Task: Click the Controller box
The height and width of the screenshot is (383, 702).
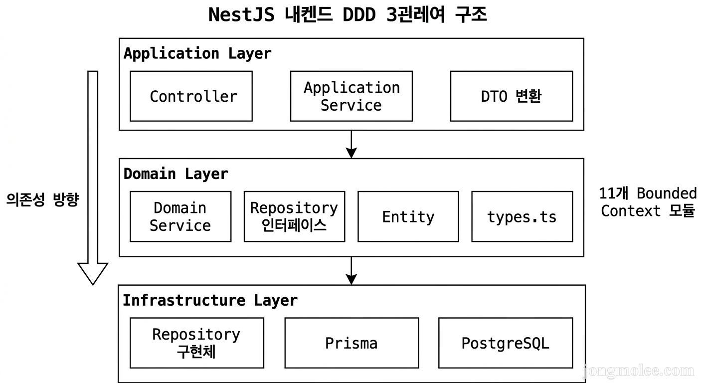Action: coord(191,96)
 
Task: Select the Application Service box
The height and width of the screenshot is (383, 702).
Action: coord(351,96)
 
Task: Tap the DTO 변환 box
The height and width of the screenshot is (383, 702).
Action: coord(511,96)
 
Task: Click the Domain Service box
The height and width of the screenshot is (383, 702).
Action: coord(180,217)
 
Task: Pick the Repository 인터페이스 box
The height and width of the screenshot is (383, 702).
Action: coord(294,217)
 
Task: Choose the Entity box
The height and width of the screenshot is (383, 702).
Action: coord(408,217)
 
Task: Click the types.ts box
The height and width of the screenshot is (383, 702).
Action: coord(522,217)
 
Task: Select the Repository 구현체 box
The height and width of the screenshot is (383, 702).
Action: coord(196,343)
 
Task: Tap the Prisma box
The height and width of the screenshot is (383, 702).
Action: coord(351,343)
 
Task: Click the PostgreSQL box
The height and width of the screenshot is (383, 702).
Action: coord(506,343)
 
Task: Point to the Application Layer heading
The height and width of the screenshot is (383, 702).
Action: coord(197,53)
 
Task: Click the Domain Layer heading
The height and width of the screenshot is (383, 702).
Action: coord(175,174)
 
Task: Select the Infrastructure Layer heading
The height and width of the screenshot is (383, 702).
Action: coord(210,301)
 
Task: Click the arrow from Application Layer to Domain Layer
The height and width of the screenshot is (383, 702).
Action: coord(351,145)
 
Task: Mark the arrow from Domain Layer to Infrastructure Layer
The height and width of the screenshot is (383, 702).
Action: coord(351,271)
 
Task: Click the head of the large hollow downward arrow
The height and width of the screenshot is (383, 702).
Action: coord(93,273)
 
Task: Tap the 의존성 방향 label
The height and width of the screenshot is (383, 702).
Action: coord(43,200)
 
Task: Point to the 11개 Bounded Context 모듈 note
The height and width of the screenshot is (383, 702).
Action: coord(648,202)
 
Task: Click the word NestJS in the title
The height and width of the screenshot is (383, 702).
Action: coord(241,15)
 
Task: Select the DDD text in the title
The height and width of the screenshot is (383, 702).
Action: coord(359,15)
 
